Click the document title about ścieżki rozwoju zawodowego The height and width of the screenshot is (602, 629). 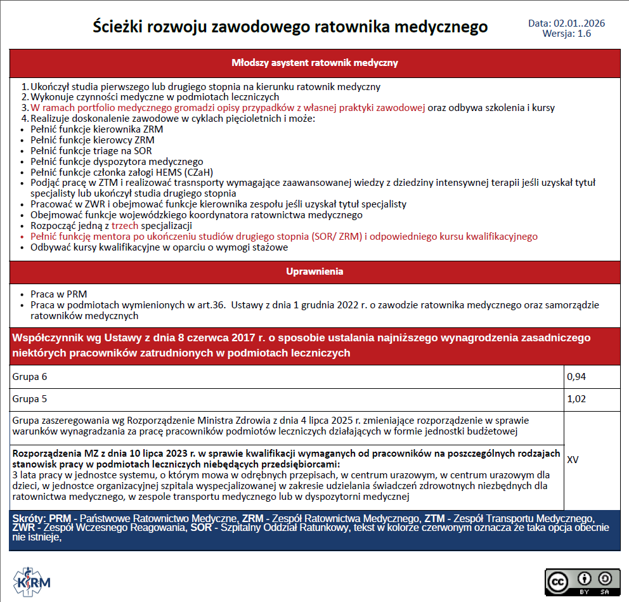290,27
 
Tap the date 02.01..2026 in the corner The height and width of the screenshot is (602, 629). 566,23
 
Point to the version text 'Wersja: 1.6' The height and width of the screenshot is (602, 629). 566,34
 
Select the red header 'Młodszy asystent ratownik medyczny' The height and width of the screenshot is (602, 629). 314,63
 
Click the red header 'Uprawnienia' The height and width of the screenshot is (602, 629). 314,272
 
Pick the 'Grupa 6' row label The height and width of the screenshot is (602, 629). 30,377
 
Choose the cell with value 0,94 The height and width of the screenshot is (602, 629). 576,377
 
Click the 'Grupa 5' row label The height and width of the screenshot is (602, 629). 30,399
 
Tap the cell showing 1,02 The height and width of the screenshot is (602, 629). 576,399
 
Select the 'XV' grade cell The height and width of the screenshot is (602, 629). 573,459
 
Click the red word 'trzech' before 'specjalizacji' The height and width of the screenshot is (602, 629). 124,226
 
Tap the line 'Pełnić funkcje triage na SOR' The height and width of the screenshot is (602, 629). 91,151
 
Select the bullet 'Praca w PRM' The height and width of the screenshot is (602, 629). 58,294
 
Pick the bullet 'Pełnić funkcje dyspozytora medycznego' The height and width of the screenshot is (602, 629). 117,162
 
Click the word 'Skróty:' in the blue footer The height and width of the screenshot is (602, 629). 29,518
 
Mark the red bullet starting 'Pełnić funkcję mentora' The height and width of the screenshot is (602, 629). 283,237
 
